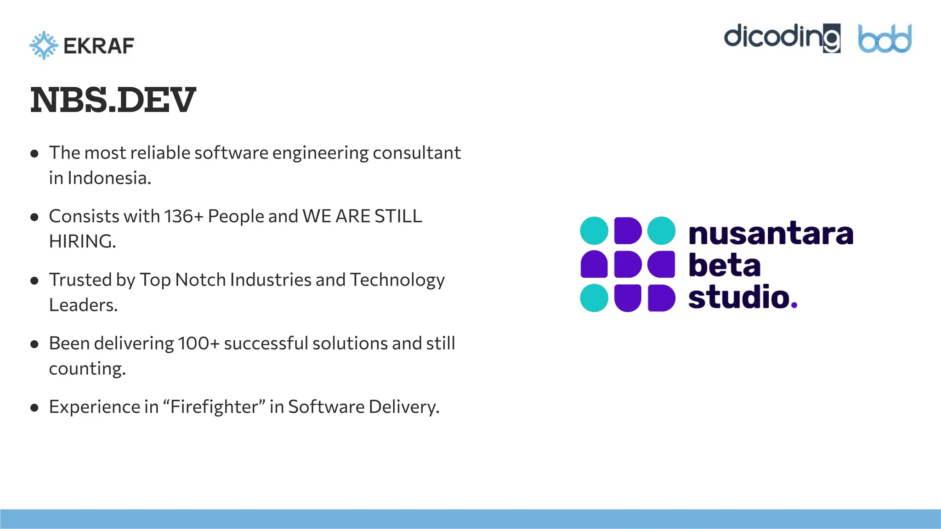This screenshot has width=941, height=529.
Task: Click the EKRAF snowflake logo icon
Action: [44, 45]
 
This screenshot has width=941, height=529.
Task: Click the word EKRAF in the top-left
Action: [99, 46]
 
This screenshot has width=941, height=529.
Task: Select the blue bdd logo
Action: [884, 39]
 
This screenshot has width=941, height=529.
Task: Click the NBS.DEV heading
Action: [113, 100]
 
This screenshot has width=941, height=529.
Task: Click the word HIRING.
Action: [82, 242]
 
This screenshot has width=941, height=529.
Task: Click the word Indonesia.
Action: [109, 178]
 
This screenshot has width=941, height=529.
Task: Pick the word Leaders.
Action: [83, 305]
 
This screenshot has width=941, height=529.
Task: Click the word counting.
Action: [87, 369]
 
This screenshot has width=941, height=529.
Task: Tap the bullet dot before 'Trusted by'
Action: [34, 281]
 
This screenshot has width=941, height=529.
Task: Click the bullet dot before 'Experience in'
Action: [34, 408]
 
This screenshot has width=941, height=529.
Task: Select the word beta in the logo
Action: [724, 265]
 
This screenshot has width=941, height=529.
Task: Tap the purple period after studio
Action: [794, 305]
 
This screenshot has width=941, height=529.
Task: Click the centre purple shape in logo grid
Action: [628, 264]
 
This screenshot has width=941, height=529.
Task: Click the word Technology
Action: [397, 280]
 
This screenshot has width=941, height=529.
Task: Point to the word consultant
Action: [416, 153]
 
